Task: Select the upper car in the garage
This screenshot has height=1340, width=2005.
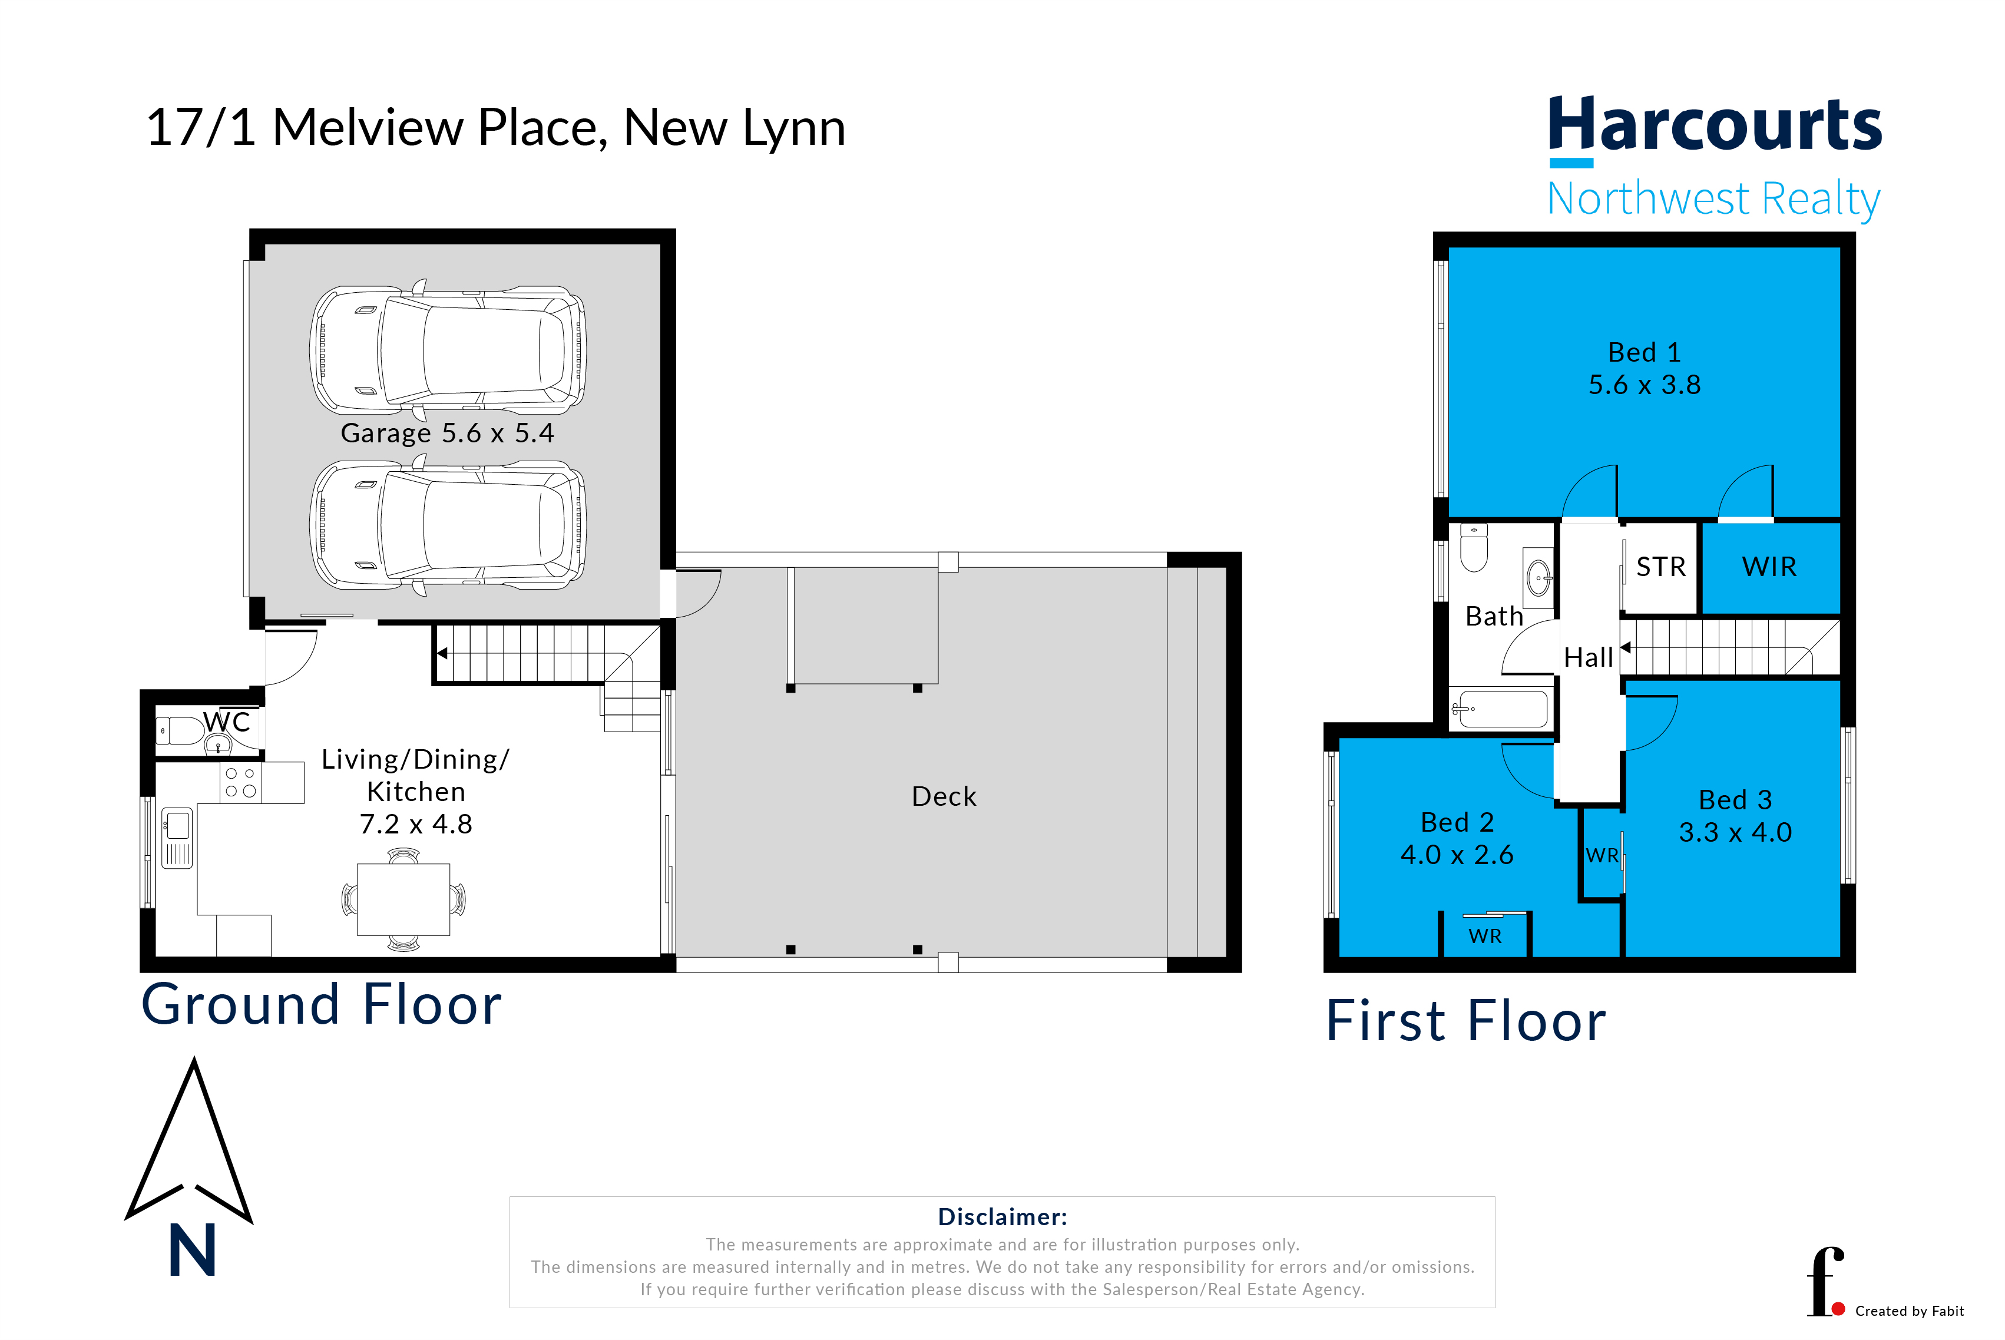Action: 448,349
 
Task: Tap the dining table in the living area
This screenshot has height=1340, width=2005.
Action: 403,899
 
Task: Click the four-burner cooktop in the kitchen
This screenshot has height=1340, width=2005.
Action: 241,782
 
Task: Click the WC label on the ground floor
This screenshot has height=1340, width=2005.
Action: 227,722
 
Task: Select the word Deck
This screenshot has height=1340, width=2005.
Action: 944,796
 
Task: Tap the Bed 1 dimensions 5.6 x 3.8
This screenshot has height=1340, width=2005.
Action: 1645,385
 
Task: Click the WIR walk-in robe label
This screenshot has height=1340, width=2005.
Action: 1769,567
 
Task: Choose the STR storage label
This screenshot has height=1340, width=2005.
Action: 1660,567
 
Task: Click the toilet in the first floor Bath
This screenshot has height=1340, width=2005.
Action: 1474,547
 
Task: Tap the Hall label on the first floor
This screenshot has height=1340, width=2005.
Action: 1588,657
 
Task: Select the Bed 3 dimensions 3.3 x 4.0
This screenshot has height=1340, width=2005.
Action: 1735,832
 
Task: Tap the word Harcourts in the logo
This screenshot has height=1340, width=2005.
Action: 1715,125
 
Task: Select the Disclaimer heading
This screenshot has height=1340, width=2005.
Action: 1002,1217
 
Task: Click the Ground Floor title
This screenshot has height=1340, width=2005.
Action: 322,1004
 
